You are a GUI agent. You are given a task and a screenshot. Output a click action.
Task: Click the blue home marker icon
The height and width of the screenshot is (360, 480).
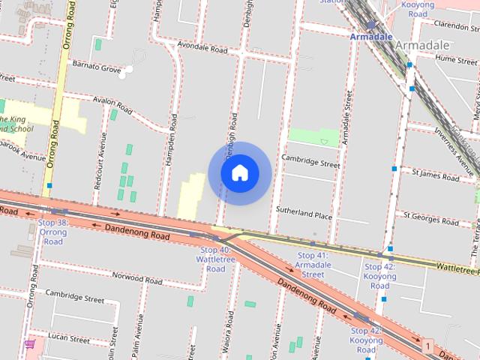[x=239, y=172]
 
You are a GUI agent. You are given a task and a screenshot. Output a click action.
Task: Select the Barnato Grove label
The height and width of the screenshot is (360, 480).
[x=96, y=69]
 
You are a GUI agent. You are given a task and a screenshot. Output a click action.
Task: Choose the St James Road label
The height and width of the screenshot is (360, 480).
[x=436, y=175]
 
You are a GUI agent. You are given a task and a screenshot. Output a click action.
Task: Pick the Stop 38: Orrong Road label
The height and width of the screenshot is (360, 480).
[x=52, y=232]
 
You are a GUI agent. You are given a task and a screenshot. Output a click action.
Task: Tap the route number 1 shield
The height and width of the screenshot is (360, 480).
[x=427, y=346]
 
